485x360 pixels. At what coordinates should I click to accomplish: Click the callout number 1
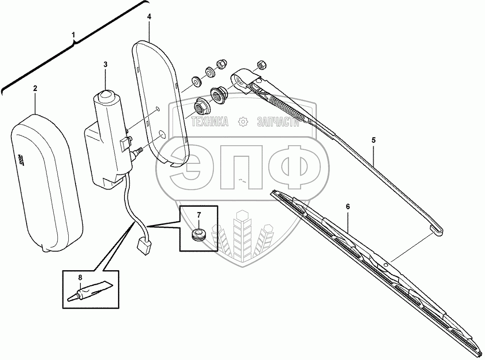pyautogui.click(x=74, y=35)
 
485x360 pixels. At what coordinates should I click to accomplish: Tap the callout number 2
pyautogui.click(x=35, y=88)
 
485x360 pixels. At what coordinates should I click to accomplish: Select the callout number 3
pyautogui.click(x=105, y=64)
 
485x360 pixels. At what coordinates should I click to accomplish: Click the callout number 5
pyautogui.click(x=373, y=140)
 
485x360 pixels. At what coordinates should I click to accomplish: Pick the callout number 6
pyautogui.click(x=348, y=206)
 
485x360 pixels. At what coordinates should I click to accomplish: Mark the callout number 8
pyautogui.click(x=80, y=277)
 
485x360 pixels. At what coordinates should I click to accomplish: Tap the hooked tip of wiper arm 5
pyautogui.click(x=439, y=231)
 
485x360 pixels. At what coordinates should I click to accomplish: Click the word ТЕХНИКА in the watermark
pyautogui.click(x=210, y=121)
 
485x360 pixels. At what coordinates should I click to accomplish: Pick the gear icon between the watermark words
pyautogui.click(x=242, y=121)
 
